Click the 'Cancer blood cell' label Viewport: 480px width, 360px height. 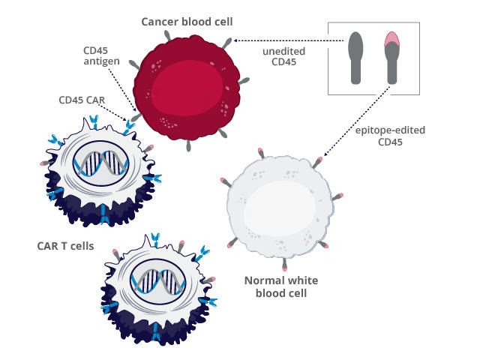point(187,20)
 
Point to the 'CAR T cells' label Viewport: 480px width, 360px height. point(65,244)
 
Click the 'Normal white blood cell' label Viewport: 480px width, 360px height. point(282,287)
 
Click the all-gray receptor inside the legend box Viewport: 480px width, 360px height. point(356,57)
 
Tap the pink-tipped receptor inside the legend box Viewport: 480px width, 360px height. point(391,57)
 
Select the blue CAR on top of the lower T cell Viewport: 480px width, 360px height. point(155,238)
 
